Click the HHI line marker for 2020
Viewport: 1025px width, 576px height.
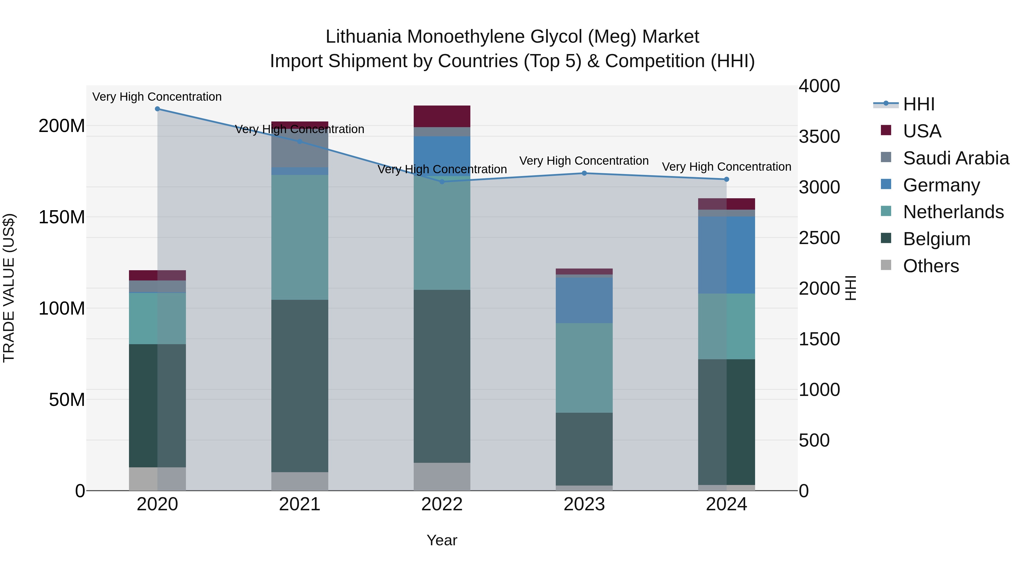157,109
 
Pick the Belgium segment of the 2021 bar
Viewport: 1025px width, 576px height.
300,386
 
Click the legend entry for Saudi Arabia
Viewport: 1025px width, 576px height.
955,158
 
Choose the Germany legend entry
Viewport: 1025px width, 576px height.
941,185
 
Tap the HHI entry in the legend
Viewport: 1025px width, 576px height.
918,104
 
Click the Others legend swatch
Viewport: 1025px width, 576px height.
886,265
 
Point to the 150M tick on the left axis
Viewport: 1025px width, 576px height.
62,217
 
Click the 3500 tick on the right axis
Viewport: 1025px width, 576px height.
819,137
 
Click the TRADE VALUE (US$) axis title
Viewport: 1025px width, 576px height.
9,288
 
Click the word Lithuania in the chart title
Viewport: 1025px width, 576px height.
363,37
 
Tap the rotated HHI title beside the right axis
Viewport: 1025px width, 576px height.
850,288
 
